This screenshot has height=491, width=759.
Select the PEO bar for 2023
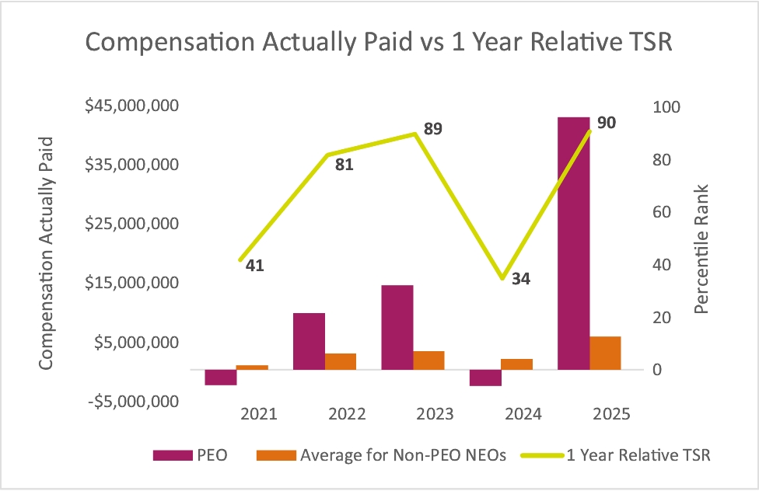coord(397,327)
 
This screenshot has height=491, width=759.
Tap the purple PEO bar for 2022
coord(309,341)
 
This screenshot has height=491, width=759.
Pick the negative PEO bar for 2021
coord(221,377)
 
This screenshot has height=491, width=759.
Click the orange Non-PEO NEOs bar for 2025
coord(605,353)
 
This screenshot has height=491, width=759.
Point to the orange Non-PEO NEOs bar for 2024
coord(516,364)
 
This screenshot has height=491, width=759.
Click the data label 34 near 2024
coord(521,278)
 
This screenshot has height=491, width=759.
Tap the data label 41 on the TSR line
coord(254,266)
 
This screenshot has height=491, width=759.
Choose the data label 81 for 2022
coord(344,165)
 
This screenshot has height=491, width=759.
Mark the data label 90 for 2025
coord(607,123)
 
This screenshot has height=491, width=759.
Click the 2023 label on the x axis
coord(435,414)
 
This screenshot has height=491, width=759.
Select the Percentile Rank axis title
coord(701,249)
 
